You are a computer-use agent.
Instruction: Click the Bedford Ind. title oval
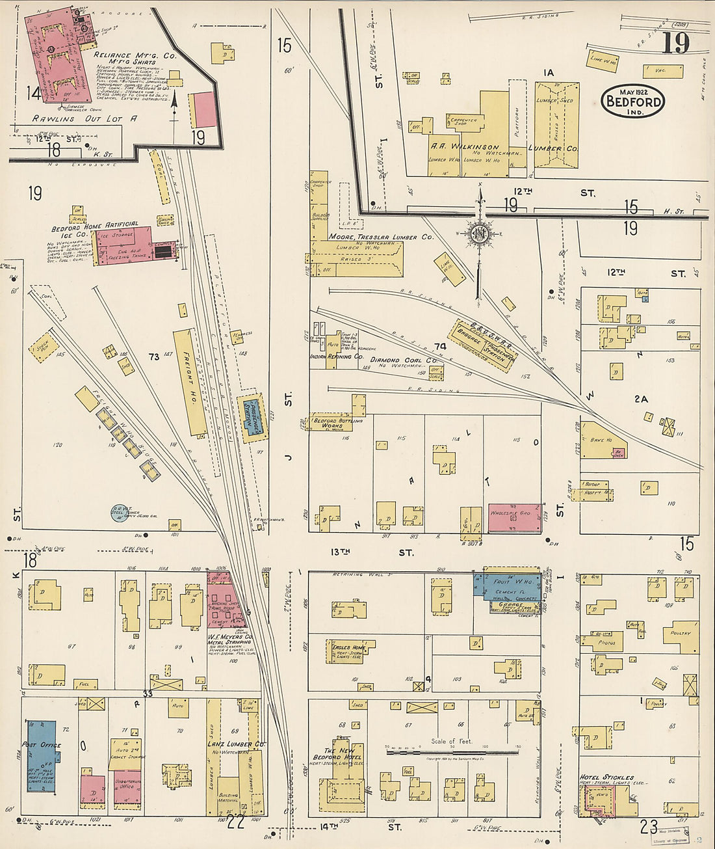[x=633, y=101]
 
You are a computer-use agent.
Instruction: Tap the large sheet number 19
[x=675, y=44]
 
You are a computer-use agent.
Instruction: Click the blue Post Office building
[x=41, y=755]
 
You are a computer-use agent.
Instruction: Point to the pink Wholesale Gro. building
[x=514, y=518]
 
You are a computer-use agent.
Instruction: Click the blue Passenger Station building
[x=250, y=417]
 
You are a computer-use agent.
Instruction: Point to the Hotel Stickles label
[x=606, y=777]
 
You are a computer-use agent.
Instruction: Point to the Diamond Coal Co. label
[x=404, y=360]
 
